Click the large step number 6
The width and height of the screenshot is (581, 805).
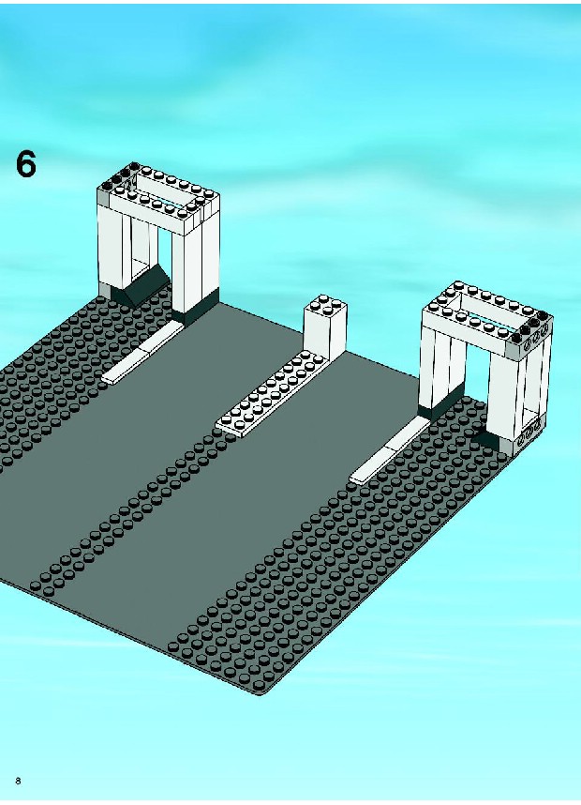coord(26,164)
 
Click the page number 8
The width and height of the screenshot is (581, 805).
coord(19,781)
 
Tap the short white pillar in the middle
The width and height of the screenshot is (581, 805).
coord(324,328)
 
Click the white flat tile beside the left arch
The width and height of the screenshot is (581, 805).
coord(142,353)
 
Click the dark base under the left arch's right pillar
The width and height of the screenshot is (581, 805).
coord(195,308)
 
